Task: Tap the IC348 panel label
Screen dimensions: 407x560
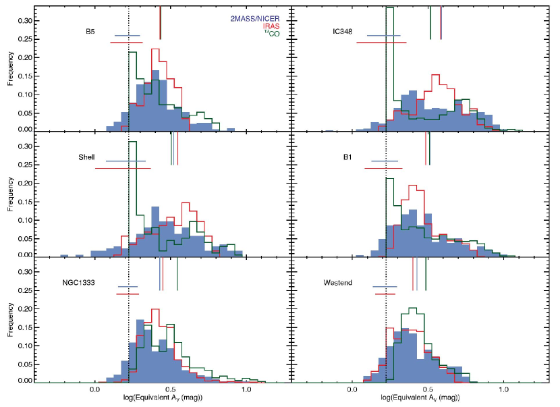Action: [x=344, y=32]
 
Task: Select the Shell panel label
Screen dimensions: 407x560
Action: [x=87, y=157]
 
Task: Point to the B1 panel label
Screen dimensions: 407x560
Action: [x=347, y=157]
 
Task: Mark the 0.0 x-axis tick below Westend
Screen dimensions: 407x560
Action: [x=352, y=389]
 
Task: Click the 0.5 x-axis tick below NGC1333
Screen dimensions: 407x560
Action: [x=170, y=389]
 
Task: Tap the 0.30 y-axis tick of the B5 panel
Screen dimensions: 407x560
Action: [x=25, y=20]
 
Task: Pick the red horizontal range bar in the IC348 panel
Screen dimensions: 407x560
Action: [x=381, y=43]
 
